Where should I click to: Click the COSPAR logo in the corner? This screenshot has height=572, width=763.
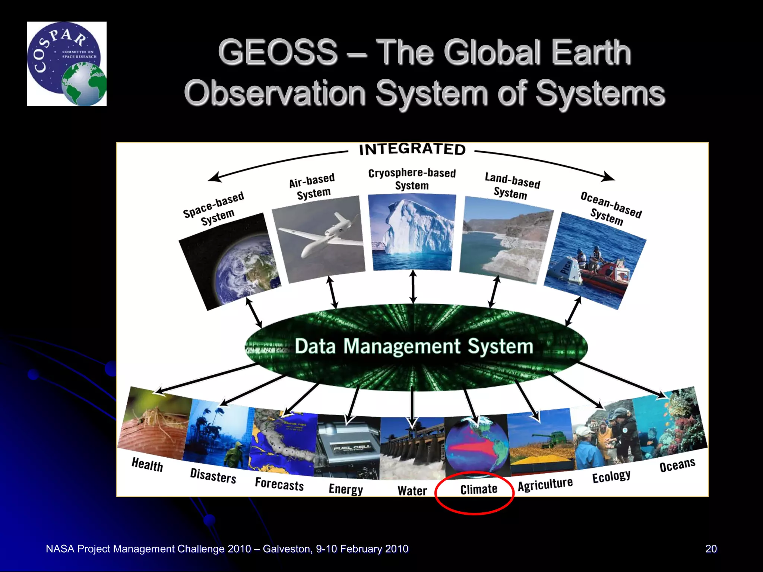coord(67,64)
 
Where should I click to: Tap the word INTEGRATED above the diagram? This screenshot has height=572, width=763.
coord(412,149)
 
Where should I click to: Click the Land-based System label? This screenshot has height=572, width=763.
coord(512,186)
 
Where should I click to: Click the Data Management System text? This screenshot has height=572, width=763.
coord(414,346)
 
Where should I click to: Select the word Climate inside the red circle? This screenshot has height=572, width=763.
coord(479,489)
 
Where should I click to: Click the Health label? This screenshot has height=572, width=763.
coord(147,464)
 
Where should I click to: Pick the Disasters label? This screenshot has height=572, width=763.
coord(213,476)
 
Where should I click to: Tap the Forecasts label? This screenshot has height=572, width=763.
coord(279,484)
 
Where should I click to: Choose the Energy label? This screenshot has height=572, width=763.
coord(346,489)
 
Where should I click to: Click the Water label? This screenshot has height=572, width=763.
coord(412,491)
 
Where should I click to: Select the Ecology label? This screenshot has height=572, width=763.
coord(611,476)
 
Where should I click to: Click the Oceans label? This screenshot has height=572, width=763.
coord(677,465)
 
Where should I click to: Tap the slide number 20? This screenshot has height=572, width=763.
coord(711,549)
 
